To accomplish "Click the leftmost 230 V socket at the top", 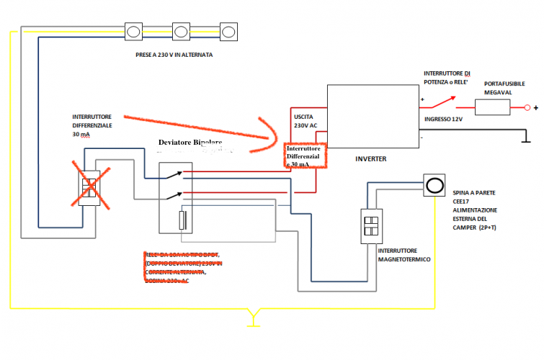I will [x=135, y=31].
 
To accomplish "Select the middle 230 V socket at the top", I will [x=182, y=31].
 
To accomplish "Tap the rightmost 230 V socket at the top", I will [x=228, y=31].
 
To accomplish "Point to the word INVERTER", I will [x=373, y=158].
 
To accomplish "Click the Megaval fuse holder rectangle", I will [x=494, y=108].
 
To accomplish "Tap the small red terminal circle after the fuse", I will [x=527, y=108].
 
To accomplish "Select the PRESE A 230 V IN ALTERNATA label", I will [x=174, y=55].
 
